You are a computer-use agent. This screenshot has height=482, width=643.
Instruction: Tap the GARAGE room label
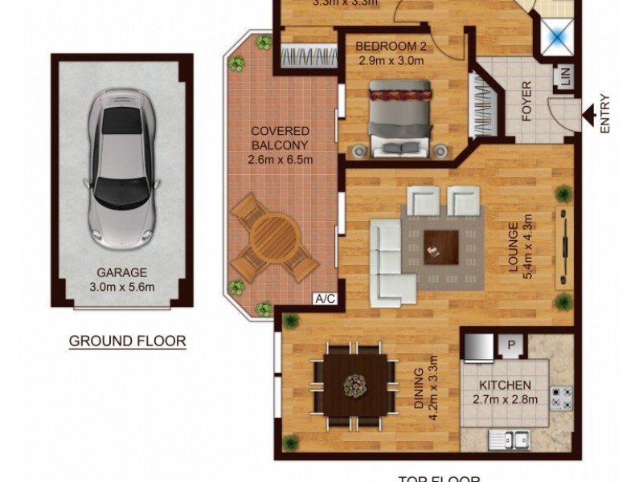click(x=122, y=272)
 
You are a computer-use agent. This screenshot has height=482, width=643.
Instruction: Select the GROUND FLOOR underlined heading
click(x=127, y=341)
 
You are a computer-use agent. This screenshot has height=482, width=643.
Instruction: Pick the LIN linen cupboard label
click(x=564, y=78)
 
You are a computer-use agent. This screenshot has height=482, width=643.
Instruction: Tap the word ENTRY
click(x=605, y=113)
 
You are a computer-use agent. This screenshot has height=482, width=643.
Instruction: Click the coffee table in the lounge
click(x=441, y=245)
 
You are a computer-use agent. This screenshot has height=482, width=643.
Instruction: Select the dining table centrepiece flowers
click(x=354, y=386)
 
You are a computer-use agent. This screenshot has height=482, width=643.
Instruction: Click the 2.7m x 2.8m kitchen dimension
click(x=505, y=399)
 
